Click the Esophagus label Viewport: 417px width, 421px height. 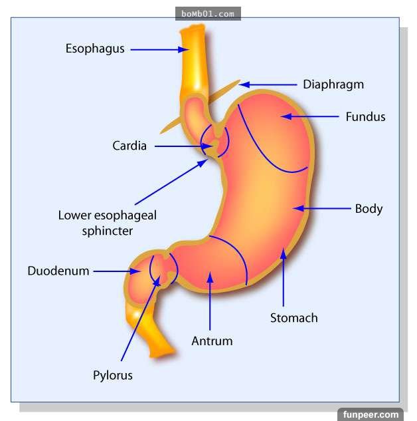pyautogui.click(x=95, y=49)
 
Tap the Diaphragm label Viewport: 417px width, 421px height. pyautogui.click(x=333, y=84)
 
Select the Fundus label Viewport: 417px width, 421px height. pyautogui.click(x=365, y=116)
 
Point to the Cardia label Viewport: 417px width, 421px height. pyautogui.click(x=129, y=146)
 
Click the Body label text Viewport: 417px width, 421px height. pyautogui.click(x=369, y=208)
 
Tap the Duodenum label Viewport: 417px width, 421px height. pyautogui.click(x=58, y=271)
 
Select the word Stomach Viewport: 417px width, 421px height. pyautogui.click(x=293, y=317)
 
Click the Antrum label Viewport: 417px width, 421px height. pyautogui.click(x=212, y=341)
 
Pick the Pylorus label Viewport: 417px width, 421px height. pyautogui.click(x=113, y=375)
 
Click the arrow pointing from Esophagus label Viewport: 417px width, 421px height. pyautogui.click(x=160, y=49)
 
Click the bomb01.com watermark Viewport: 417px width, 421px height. pyautogui.click(x=208, y=13)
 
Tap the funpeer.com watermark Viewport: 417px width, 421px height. pyautogui.click(x=372, y=414)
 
